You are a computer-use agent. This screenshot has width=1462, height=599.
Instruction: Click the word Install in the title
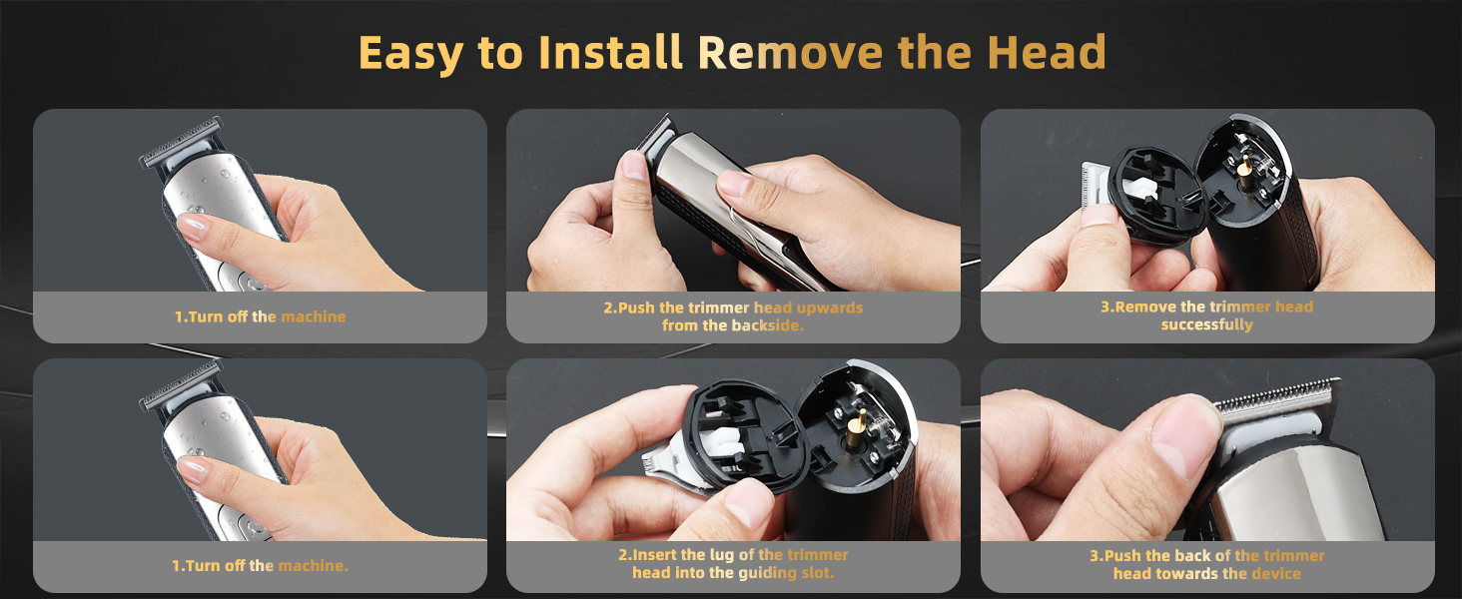pos(610,52)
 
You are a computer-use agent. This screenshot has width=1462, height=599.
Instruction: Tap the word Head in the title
pos(1047,52)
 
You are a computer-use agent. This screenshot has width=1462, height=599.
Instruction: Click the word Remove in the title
pos(790,52)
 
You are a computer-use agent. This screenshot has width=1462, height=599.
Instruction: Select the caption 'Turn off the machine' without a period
pos(261,316)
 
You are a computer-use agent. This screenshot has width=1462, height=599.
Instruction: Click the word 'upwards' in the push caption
pos(830,307)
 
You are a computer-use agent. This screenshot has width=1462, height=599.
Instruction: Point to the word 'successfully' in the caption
pos(1206,324)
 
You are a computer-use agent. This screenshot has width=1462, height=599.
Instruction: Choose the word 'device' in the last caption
pos(1277,574)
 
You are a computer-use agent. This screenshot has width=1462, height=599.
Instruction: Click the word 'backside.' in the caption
pos(769,325)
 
